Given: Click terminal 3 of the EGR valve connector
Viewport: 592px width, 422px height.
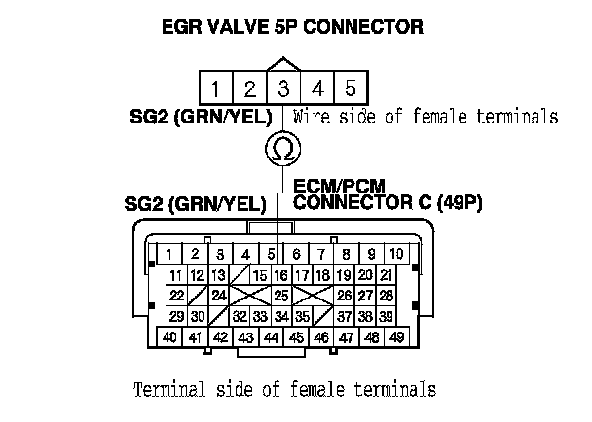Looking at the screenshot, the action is (282, 88).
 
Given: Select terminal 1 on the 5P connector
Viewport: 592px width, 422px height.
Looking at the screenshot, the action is (216, 88).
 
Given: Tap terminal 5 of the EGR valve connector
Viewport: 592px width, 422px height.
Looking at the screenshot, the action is (350, 88).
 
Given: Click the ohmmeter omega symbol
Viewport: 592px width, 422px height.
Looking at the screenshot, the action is (282, 149).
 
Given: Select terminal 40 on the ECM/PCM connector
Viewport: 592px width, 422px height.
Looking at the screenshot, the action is (169, 337).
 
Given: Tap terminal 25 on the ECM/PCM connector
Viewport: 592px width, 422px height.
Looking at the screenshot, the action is (280, 296).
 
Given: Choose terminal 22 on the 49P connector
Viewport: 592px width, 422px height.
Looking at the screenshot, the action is (177, 296).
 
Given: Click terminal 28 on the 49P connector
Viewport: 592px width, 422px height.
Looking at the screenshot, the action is (386, 296).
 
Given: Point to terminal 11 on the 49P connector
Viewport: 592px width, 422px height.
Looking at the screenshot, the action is (177, 275).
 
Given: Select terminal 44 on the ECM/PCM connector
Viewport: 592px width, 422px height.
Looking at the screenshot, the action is (272, 337).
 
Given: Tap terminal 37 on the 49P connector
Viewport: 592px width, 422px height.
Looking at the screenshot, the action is (344, 316).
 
